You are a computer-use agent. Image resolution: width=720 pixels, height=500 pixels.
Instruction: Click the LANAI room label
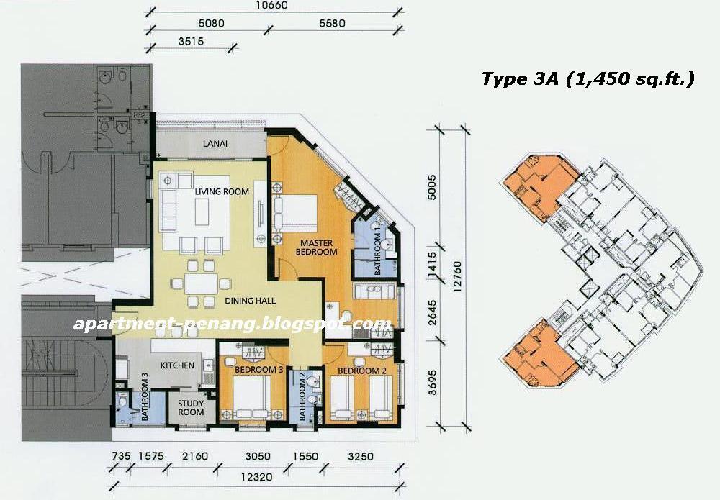click(215, 144)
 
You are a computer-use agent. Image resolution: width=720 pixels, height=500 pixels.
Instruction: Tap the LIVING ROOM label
click(222, 191)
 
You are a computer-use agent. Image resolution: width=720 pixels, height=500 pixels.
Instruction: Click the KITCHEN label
click(177, 365)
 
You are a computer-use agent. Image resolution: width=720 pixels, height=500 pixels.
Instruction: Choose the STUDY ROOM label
click(191, 409)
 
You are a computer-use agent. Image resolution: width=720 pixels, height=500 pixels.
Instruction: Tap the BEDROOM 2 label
click(358, 371)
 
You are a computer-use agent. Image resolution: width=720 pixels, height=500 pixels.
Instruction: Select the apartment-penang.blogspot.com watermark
click(232, 324)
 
